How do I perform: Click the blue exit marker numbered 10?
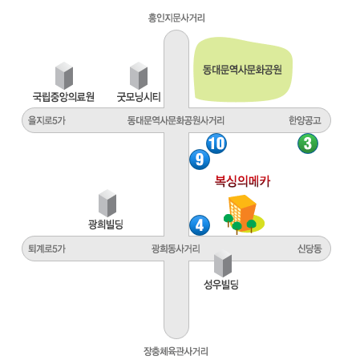(x=216, y=144)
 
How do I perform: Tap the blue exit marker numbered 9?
(x=200, y=160)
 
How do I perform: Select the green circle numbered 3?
(x=308, y=144)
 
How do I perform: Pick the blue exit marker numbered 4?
(x=200, y=225)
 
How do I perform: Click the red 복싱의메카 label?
(x=242, y=181)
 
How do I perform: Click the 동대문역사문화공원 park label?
(x=242, y=70)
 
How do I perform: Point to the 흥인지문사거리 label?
(x=176, y=18)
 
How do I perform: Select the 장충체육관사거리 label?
(x=176, y=351)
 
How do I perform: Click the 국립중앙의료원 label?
(x=63, y=96)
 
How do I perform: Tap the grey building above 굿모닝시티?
(x=139, y=75)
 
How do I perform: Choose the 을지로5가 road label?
(x=47, y=120)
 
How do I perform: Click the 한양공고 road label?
(x=305, y=120)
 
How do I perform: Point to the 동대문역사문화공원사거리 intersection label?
(x=176, y=120)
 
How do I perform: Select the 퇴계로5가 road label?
(x=47, y=249)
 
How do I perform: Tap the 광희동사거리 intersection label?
(x=176, y=249)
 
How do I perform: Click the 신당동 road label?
(x=309, y=249)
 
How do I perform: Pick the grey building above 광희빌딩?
(x=107, y=203)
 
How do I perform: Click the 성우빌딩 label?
(x=221, y=285)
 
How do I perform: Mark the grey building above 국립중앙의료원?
(x=64, y=75)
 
